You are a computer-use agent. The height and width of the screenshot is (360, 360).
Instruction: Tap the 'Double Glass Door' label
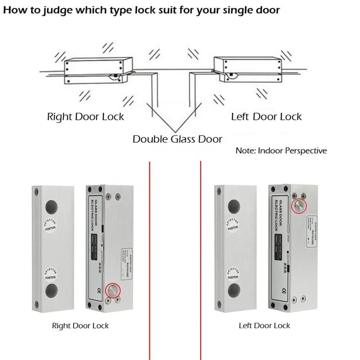tap(177, 139)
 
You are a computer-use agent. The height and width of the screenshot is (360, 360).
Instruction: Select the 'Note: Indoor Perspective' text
tap(281, 150)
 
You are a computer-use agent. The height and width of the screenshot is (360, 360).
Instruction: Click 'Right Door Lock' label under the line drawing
tap(85, 117)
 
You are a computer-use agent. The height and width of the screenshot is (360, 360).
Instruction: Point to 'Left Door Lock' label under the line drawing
tap(266, 117)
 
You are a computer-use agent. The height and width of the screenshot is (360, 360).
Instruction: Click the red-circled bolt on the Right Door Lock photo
tap(113, 291)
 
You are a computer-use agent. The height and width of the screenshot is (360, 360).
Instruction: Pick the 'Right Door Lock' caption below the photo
tap(80, 326)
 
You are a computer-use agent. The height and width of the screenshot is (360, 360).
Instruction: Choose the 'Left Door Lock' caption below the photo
tap(264, 326)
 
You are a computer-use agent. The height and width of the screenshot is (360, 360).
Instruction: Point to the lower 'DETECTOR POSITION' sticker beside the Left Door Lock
tap(233, 274)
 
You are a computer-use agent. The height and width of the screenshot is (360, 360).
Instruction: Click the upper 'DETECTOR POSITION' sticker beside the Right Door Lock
tap(51, 224)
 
